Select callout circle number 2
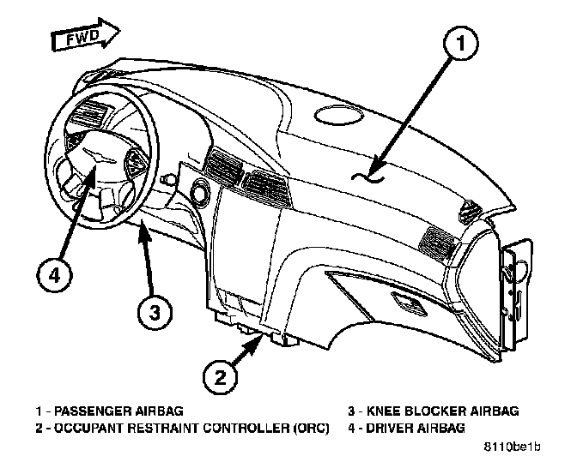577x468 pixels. tap(221, 375)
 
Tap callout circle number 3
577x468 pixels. tap(152, 311)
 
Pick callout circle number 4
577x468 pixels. tap(54, 275)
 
